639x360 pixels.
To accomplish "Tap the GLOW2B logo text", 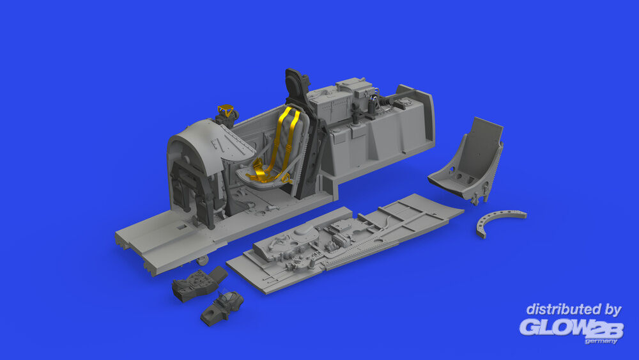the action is (x=571, y=328).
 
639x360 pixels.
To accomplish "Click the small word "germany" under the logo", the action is (x=601, y=341).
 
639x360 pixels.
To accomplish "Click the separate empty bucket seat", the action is (x=468, y=161).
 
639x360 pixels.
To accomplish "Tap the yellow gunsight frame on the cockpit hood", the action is (x=226, y=109).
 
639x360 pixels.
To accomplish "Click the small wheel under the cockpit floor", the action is (x=203, y=260).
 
